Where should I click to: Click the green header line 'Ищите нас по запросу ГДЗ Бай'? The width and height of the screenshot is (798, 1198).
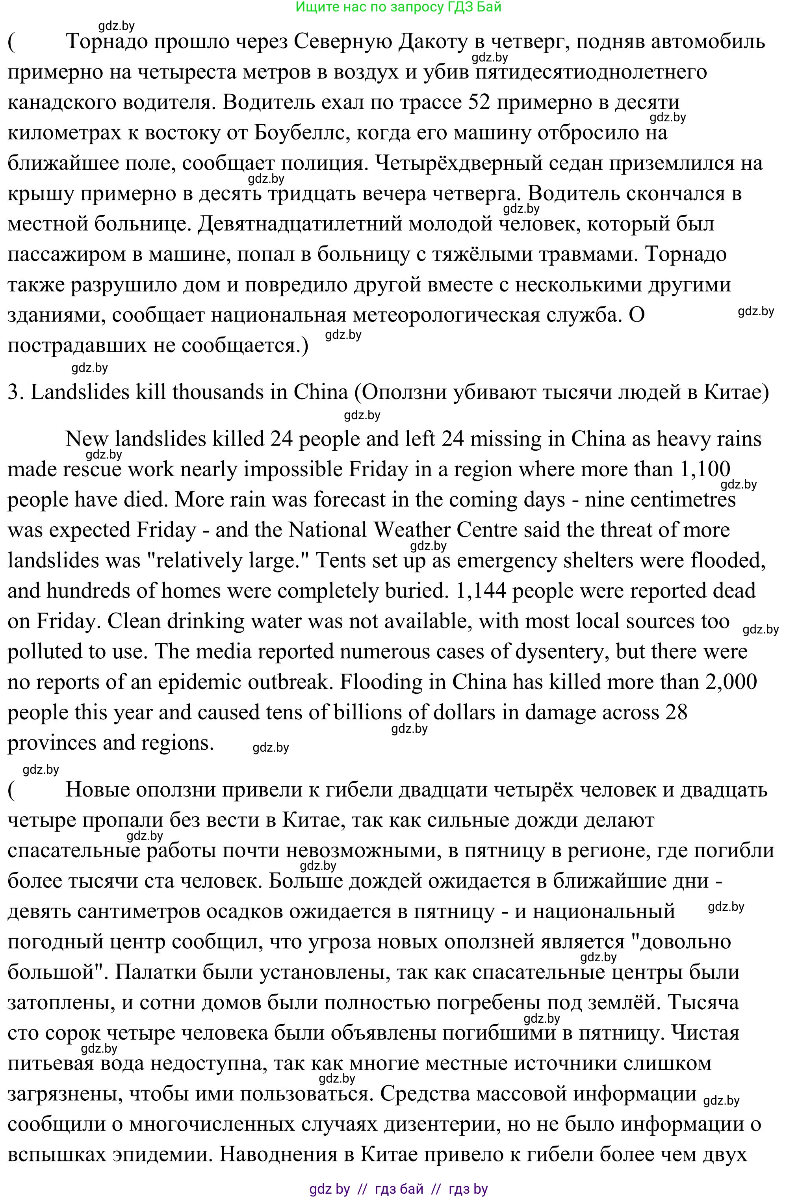click(399, 7)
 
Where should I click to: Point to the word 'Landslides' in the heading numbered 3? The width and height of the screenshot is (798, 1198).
click(75, 392)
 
